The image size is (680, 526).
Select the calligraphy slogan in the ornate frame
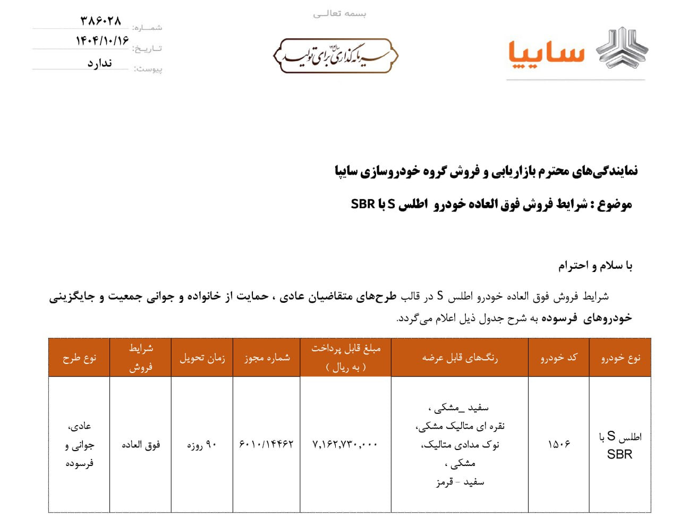pyautogui.click(x=335, y=55)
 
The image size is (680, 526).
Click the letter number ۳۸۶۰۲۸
pyautogui.click(x=101, y=21)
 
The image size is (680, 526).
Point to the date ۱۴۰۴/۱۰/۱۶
pyautogui.click(x=103, y=41)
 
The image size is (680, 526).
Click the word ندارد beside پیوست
pyautogui.click(x=100, y=63)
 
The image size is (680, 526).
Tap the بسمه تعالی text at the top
pyautogui.click(x=339, y=14)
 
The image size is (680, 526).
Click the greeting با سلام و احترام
pyautogui.click(x=595, y=266)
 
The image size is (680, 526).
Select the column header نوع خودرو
pyautogui.click(x=620, y=358)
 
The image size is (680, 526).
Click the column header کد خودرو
pyautogui.click(x=558, y=358)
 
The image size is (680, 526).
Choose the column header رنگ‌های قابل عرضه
pyautogui.click(x=460, y=358)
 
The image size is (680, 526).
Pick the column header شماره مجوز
pyautogui.click(x=267, y=358)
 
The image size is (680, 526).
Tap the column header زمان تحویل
pyautogui.click(x=202, y=358)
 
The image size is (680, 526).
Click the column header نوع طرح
pyautogui.click(x=79, y=358)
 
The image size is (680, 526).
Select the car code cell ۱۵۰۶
pyautogui.click(x=559, y=444)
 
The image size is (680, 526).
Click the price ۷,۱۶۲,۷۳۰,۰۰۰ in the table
pyautogui.click(x=345, y=444)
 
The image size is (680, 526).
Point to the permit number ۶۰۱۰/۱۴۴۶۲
pyautogui.click(x=266, y=444)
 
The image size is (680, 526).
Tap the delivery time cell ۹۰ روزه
pyautogui.click(x=202, y=445)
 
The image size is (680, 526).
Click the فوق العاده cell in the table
pyautogui.click(x=141, y=445)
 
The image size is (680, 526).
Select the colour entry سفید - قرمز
pyautogui.click(x=460, y=482)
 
